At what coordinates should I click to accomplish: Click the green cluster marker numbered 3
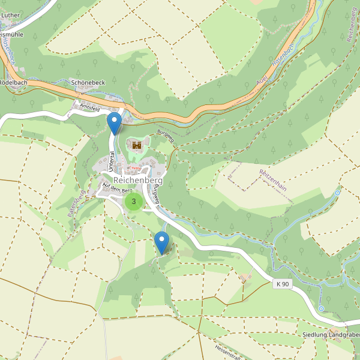[134, 202]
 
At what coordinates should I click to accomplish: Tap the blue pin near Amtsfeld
[114, 123]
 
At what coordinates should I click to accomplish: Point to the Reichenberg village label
[138, 180]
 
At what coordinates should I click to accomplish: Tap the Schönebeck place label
[88, 82]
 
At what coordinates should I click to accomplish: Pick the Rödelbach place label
[13, 82]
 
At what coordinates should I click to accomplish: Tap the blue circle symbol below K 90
[322, 308]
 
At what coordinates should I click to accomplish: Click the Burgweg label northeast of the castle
[165, 134]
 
